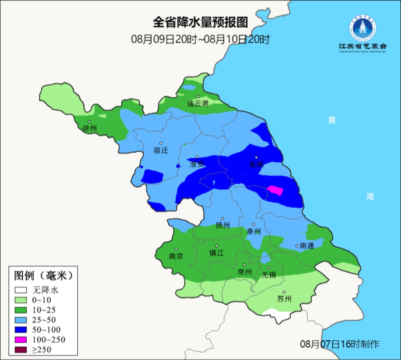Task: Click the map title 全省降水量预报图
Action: (x=200, y=23)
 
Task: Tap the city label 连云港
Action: (x=198, y=104)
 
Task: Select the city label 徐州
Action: (x=90, y=129)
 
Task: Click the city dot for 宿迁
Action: (x=161, y=143)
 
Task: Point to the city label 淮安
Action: (x=197, y=164)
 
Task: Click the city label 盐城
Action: (x=256, y=164)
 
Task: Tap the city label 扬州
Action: (x=223, y=225)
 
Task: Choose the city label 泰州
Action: (x=254, y=231)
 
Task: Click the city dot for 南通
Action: (x=297, y=246)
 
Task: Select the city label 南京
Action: (x=176, y=256)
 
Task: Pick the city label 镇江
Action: (x=217, y=253)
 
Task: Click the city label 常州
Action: (x=245, y=272)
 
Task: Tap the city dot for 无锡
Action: (x=269, y=268)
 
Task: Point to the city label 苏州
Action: (x=284, y=299)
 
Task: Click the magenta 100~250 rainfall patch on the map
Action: (x=276, y=190)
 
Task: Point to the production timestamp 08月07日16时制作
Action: (x=340, y=344)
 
